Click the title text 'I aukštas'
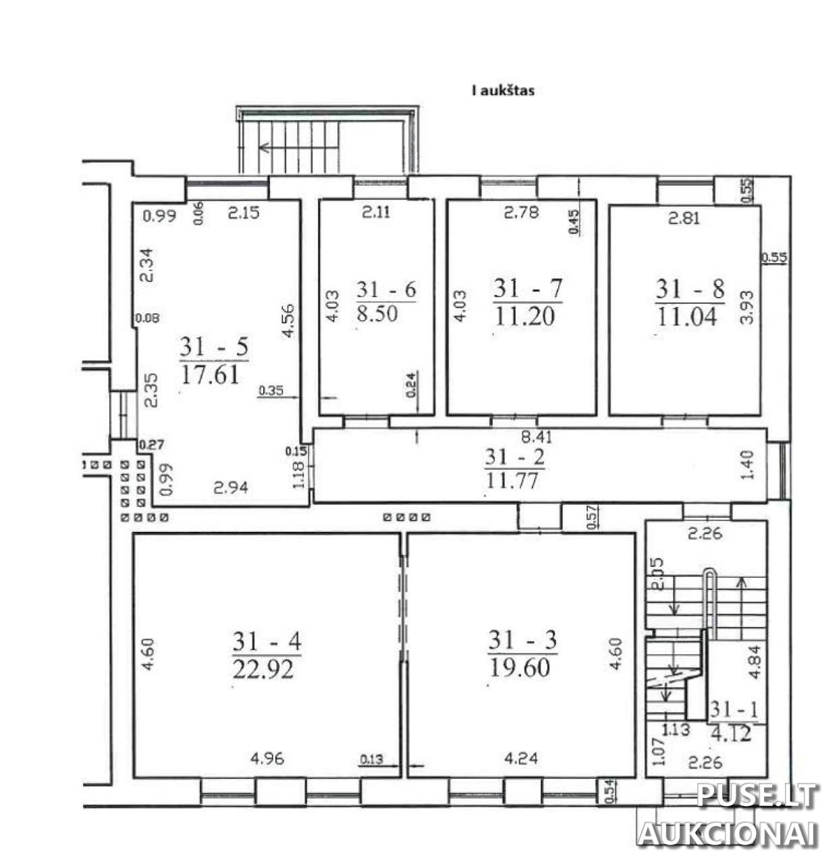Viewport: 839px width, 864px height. tap(502, 91)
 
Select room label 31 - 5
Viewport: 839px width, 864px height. tap(214, 347)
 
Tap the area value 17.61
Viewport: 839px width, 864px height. tap(210, 374)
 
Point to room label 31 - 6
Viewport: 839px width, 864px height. tap(386, 290)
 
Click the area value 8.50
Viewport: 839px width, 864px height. tap(377, 313)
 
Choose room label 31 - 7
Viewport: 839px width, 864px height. tap(528, 288)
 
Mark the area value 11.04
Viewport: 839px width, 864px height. tap(686, 317)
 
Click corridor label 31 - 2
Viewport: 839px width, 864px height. tap(515, 456)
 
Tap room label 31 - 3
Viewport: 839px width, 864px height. tap(522, 641)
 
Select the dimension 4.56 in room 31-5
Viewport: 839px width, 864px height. tap(288, 321)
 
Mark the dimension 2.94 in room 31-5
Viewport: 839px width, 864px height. tap(231, 488)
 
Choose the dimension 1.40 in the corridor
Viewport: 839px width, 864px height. tap(748, 464)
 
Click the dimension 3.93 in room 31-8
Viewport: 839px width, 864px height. tap(748, 307)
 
